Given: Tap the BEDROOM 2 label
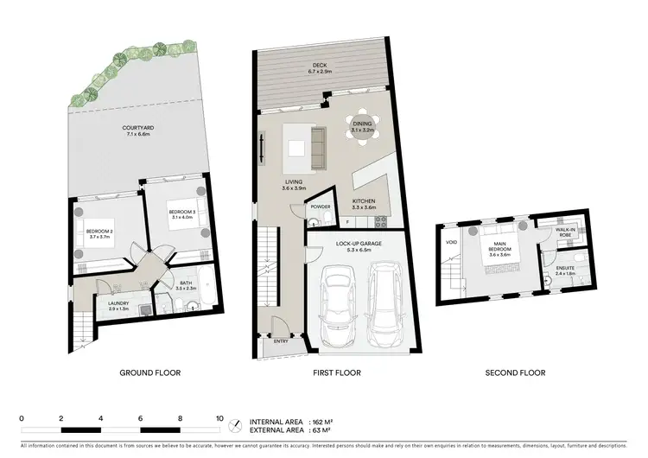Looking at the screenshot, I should click(100, 231).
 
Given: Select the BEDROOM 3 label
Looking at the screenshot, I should click(181, 212).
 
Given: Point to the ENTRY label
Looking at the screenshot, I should click(280, 340).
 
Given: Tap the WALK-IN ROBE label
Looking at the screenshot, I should click(564, 232).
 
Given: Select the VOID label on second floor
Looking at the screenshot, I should click(450, 242).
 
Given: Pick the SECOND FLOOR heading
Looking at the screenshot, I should click(515, 373).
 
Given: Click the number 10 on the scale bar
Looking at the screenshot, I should click(219, 418).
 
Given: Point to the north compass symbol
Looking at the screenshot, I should click(235, 424).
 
